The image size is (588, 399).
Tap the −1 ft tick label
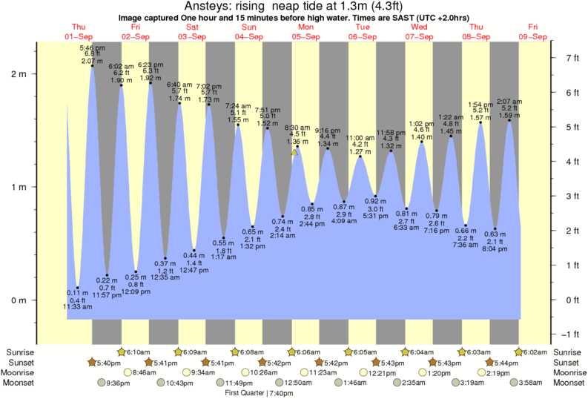pyautogui.click(x=571, y=334)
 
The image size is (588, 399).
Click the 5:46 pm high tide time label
pyautogui.click(x=92, y=47)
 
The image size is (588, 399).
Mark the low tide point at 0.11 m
pyautogui.click(x=78, y=288)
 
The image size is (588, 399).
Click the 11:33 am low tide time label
pyautogui.click(x=77, y=306)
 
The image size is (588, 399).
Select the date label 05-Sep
pyautogui.click(x=305, y=36)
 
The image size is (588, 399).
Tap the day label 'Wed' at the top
pyautogui.click(x=419, y=27)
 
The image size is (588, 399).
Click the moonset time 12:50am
pyautogui.click(x=288, y=383)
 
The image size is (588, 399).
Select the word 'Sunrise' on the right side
pyautogui.click(x=569, y=352)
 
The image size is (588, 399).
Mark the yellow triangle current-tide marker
pyautogui.click(x=294, y=152)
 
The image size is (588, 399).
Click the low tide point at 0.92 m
pyautogui.click(x=376, y=196)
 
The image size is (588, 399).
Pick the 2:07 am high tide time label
pyautogui.click(x=509, y=101)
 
